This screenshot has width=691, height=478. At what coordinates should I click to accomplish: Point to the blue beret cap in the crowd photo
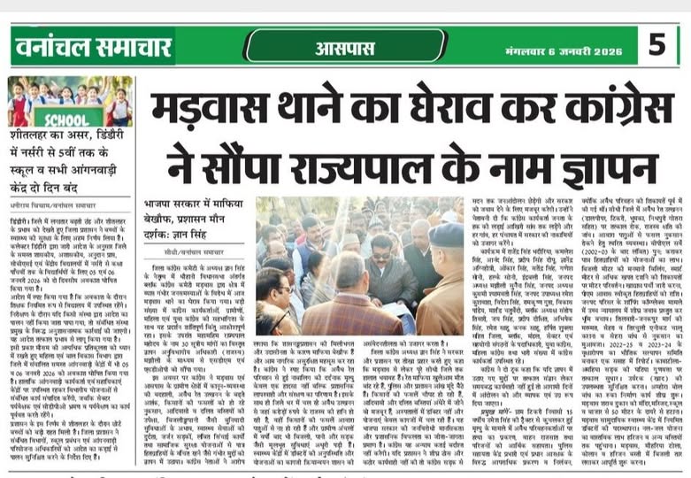[x=446, y=234]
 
